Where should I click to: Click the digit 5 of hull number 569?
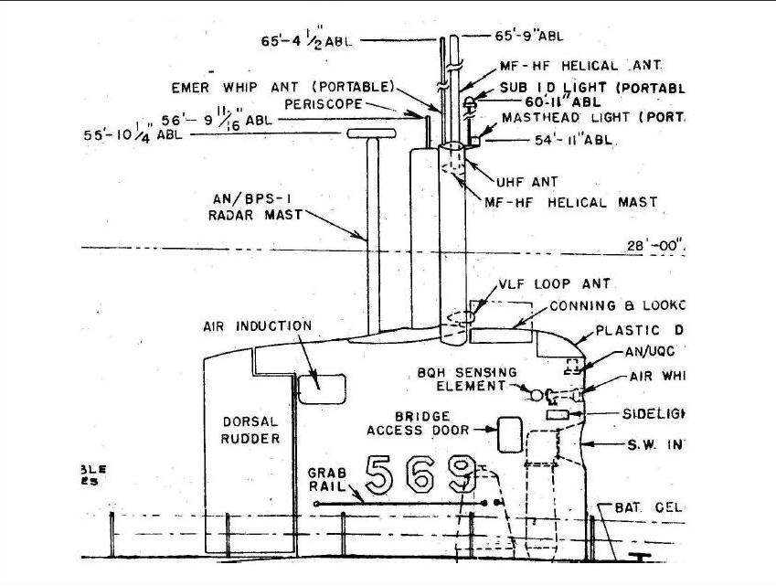[x=378, y=474]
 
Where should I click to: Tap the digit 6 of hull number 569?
[x=420, y=474]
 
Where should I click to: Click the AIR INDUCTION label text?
[x=257, y=326]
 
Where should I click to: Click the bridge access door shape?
[x=508, y=435]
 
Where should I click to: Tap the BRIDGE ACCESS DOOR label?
[x=418, y=423]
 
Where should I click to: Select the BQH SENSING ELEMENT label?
[x=467, y=378]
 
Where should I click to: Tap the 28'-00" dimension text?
[x=654, y=245]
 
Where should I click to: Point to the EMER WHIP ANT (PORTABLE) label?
[x=282, y=87]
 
